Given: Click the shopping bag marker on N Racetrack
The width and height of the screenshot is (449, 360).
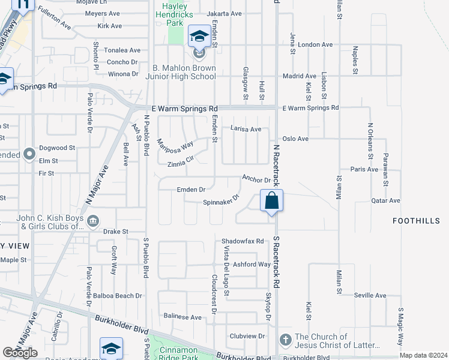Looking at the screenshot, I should point(271,200).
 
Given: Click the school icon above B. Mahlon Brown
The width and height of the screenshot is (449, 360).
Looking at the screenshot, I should point(199,37).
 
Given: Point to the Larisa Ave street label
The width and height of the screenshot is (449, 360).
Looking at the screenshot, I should point(246,129).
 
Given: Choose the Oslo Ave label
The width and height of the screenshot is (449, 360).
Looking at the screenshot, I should point(295,139).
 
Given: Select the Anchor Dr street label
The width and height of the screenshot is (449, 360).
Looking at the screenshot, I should point(256,179).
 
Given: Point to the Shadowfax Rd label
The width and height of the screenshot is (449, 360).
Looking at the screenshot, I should point(243,241).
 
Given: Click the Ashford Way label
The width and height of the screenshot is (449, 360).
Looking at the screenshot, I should point(252,264).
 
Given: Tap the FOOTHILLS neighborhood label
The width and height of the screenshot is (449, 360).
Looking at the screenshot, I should point(416,221).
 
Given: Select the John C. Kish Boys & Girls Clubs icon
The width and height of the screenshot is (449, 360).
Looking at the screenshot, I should point(93,222).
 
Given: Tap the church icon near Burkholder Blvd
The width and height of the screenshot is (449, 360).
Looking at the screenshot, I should point(285,340).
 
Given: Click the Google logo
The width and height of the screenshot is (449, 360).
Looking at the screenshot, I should point(20,353).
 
